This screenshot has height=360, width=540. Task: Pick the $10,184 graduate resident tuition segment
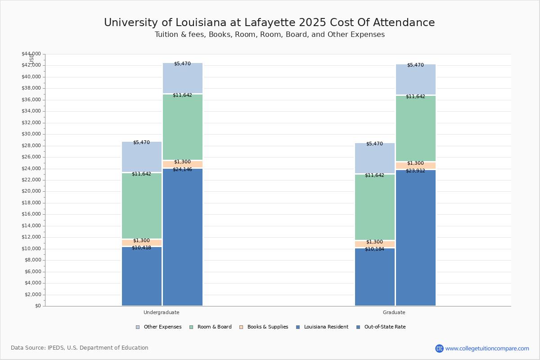pyautogui.click(x=375, y=277)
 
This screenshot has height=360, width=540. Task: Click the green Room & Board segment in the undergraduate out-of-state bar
pyautogui.click(x=183, y=127)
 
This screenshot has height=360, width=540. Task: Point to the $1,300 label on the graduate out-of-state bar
pyautogui.click(x=415, y=163)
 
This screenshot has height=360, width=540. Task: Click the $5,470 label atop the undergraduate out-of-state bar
pyautogui.click(x=182, y=64)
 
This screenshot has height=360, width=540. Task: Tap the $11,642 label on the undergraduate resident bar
pyautogui.click(x=141, y=174)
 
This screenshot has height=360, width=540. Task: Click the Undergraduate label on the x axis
pyautogui.click(x=161, y=312)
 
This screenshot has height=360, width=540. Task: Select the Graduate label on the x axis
pyautogui.click(x=394, y=312)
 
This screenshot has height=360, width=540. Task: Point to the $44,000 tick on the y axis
pyautogui.click(x=31, y=54)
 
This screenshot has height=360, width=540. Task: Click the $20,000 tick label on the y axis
pyautogui.click(x=31, y=191)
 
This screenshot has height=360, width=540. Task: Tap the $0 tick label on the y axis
pyautogui.click(x=38, y=306)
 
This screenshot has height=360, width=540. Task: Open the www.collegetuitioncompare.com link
pyautogui.click(x=487, y=348)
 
